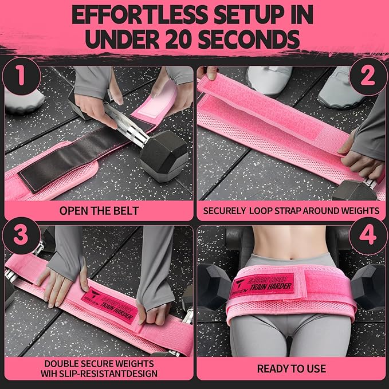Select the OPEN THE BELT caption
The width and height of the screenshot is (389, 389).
99,210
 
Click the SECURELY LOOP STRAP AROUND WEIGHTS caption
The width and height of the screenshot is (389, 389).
291,210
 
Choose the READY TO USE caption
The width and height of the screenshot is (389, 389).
291,368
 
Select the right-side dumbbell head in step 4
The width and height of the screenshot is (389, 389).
367,286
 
